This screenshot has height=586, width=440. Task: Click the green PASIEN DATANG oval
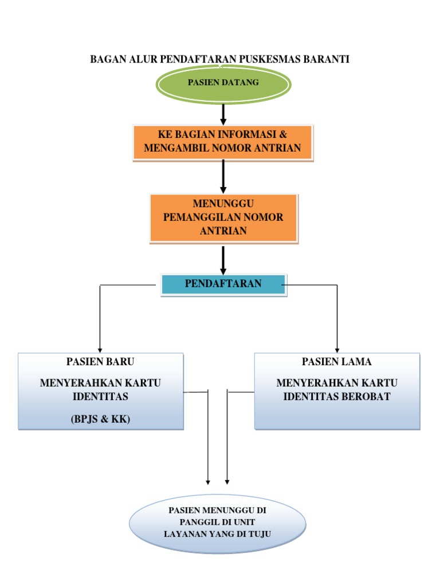point(223,82)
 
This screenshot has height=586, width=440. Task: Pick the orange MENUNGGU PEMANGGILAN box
point(223,218)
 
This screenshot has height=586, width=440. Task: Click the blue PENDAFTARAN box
point(223,284)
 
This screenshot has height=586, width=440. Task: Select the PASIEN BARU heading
point(101,362)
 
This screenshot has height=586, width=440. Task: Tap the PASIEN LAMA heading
point(337,362)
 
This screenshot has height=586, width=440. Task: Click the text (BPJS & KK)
point(101,419)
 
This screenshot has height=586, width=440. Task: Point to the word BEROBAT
point(366,397)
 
